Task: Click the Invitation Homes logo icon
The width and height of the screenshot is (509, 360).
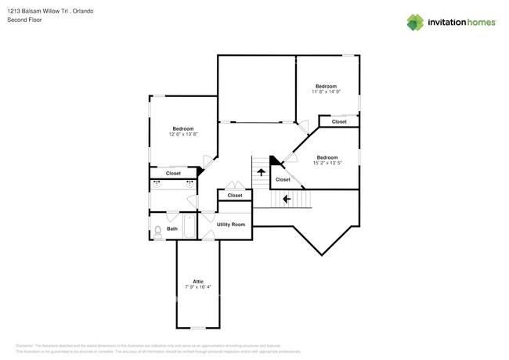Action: click(x=414, y=23)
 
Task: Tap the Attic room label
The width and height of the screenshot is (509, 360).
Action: click(x=198, y=281)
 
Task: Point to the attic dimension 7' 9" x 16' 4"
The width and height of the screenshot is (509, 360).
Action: click(x=198, y=287)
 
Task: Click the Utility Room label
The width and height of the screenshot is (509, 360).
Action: click(x=231, y=225)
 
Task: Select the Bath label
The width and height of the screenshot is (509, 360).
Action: click(x=172, y=229)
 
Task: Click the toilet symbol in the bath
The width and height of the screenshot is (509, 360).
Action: click(x=157, y=230)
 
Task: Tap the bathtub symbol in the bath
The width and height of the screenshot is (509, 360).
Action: click(x=189, y=229)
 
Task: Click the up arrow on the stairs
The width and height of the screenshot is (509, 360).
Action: click(x=261, y=172)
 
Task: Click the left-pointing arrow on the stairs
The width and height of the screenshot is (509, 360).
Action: click(x=287, y=199)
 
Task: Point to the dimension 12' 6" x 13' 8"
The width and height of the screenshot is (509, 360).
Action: click(x=183, y=135)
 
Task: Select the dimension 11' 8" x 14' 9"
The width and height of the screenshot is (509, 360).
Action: click(x=326, y=92)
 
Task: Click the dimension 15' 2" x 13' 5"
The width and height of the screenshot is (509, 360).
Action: click(x=327, y=163)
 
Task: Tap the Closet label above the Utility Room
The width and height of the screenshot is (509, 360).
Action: click(x=235, y=195)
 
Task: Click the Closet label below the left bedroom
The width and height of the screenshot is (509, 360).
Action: click(x=173, y=173)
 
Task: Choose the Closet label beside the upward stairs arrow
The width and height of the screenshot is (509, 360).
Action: click(x=283, y=179)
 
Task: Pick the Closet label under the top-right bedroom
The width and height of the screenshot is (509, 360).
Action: click(x=339, y=122)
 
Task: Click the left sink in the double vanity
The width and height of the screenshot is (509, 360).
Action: click(x=157, y=184)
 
